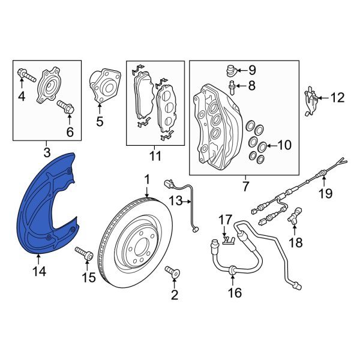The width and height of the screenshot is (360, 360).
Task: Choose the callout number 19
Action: click(325, 193)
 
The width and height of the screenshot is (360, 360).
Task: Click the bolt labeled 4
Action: click(23, 75)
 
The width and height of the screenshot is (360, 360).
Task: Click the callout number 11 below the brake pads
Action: click(155, 157)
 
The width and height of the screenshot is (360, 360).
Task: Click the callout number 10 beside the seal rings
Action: click(284, 146)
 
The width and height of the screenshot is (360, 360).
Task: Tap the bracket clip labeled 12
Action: click(310, 97)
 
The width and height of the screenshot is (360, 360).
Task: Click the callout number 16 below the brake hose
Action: click(235, 293)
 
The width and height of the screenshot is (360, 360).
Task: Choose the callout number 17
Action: click(224, 220)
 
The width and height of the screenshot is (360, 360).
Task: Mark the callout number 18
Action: click(296, 242)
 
